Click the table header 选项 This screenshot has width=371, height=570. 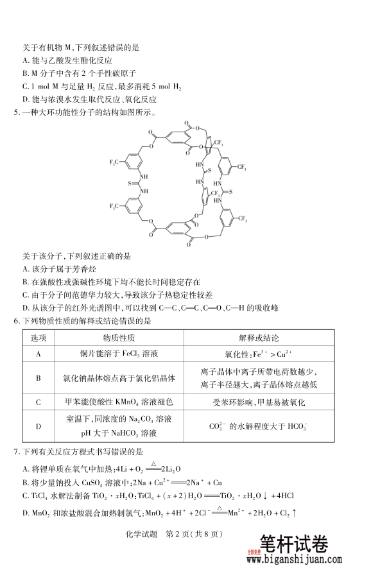point(38,338)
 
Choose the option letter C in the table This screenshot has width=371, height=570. point(38,402)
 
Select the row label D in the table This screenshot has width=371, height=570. point(38,426)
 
